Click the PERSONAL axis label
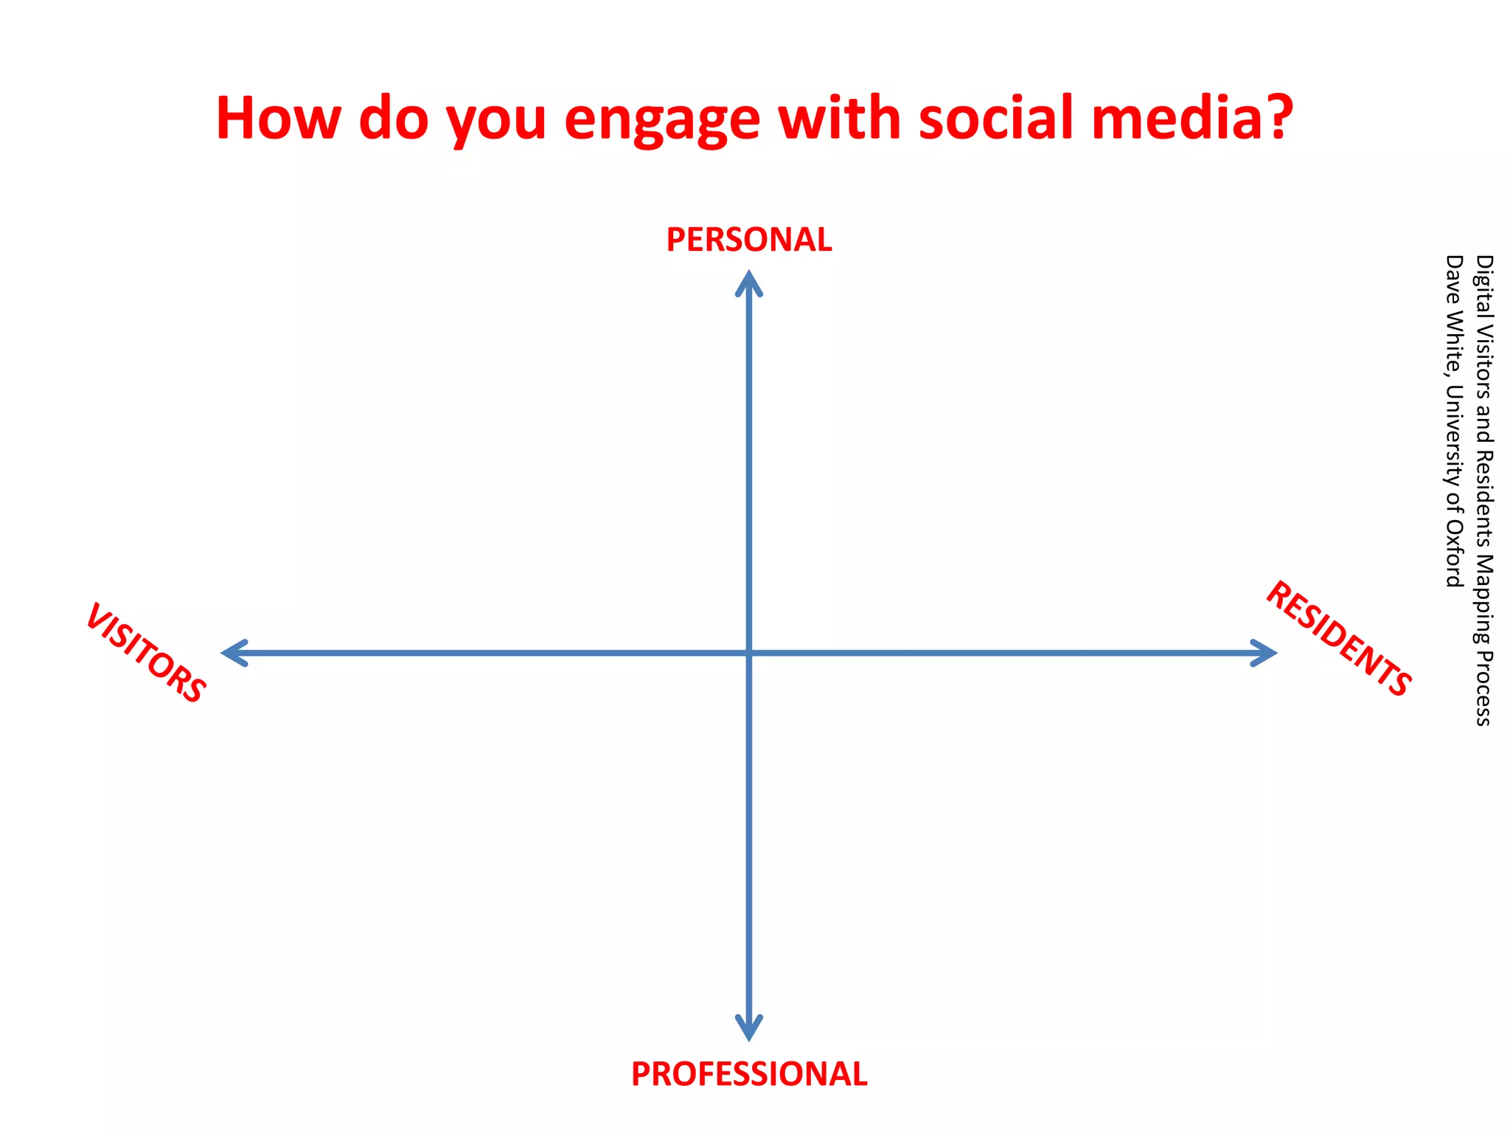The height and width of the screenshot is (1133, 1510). (749, 240)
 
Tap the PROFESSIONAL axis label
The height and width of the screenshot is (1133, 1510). (749, 1074)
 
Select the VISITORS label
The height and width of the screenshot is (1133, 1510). (146, 653)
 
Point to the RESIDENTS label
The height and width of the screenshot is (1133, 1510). (1338, 639)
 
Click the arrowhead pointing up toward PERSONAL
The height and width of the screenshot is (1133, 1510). (749, 280)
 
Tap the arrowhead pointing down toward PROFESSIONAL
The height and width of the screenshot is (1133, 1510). (749, 1029)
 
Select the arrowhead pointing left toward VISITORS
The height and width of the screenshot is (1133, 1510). (232, 653)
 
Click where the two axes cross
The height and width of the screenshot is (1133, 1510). (749, 653)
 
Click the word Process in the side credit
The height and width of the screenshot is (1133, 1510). (1483, 689)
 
